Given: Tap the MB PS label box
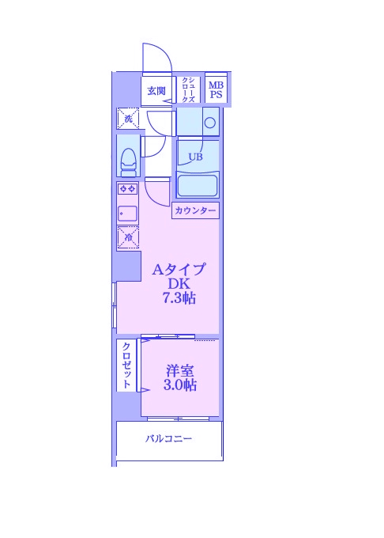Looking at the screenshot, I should (216, 90).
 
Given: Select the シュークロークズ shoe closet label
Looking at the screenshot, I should (188, 90).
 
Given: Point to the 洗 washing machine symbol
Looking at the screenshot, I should (128, 119).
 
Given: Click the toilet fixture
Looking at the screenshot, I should (128, 158).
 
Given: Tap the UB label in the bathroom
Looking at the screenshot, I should (195, 157).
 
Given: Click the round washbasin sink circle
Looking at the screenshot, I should (210, 122).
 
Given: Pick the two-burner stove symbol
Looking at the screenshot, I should (127, 188).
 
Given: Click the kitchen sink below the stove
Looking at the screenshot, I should (127, 213).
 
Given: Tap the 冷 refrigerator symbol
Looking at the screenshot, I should (127, 236).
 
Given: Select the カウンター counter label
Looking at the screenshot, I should (195, 210).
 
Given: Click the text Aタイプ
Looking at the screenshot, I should (179, 269).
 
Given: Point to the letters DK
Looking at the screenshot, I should (178, 284).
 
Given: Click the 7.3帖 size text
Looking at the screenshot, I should (179, 299).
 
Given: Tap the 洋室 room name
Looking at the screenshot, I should (180, 370).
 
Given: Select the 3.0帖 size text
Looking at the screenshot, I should (180, 386).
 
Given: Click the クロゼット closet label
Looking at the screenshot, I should (126, 366).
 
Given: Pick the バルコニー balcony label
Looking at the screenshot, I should (168, 439).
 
